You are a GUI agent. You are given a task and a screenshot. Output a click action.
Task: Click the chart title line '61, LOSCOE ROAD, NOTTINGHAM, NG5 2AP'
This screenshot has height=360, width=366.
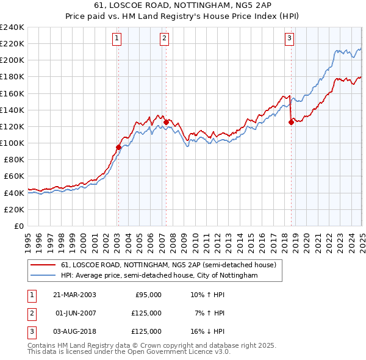tap(182, 5)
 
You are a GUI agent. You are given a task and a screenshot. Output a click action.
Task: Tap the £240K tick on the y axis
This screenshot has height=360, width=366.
tap(12, 27)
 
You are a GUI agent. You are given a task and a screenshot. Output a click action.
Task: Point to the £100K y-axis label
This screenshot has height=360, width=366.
tap(12, 143)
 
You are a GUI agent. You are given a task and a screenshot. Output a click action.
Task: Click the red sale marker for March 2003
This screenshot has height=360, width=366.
tap(119, 147)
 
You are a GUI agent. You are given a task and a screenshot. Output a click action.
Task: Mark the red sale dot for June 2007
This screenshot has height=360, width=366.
tap(166, 122)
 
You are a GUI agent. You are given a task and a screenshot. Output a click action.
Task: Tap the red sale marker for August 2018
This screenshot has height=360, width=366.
tap(291, 122)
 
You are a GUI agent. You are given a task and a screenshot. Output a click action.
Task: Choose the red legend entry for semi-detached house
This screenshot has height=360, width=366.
tap(168, 265)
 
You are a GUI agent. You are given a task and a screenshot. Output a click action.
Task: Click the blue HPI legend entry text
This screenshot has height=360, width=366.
tap(159, 276)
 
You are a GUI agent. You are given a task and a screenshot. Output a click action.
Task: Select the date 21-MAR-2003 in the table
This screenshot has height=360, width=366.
tap(76, 295)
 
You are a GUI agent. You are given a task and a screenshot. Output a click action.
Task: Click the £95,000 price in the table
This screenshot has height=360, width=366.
tap(148, 295)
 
